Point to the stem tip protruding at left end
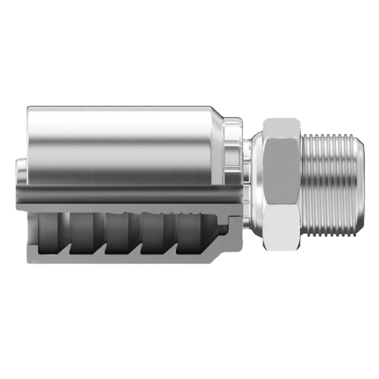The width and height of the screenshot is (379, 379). [x=20, y=171]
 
